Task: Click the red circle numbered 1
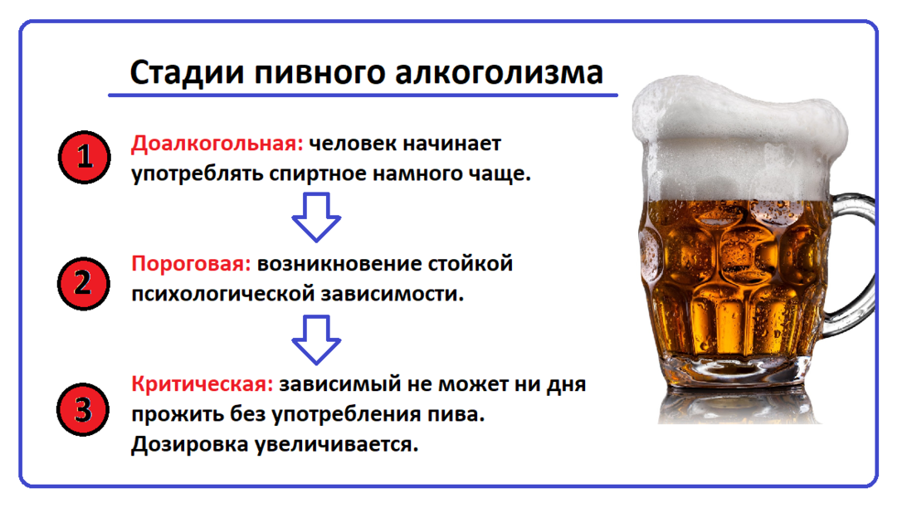[85, 157]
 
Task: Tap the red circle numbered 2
[83, 284]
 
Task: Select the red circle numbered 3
[83, 409]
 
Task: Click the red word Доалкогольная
[217, 144]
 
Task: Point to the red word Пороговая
[191, 264]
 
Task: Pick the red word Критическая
[202, 384]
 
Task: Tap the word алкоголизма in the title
[499, 73]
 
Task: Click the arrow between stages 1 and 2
[316, 217]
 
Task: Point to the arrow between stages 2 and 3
[316, 340]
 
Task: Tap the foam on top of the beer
[738, 139]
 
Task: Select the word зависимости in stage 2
[392, 294]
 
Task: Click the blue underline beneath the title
[363, 95]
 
